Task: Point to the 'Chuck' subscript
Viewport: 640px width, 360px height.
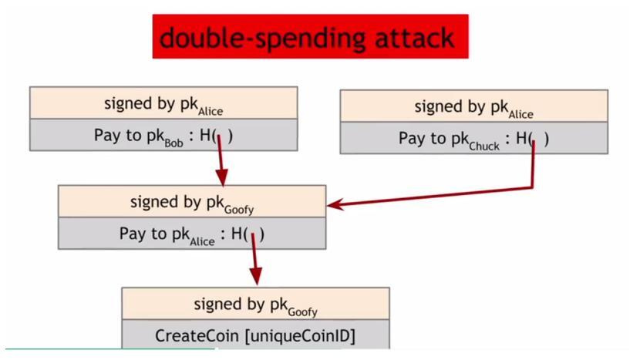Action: coord(484,145)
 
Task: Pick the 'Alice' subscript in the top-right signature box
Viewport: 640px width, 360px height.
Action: coord(520,114)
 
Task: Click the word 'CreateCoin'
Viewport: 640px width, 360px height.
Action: coord(196,336)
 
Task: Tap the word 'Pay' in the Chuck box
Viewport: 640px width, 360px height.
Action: coord(412,139)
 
